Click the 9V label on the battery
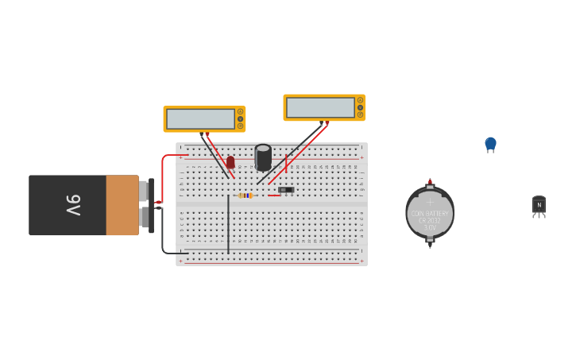coord(73,205)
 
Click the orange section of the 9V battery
coord(122,205)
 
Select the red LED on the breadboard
coord(230,162)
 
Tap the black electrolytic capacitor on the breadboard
coord(263,157)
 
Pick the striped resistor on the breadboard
coord(245,195)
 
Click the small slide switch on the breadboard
coord(286,190)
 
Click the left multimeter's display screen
coord(200,119)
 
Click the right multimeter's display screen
coord(320,107)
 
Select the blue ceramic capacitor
coord(490,144)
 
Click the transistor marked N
coord(539,206)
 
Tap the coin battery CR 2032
coord(430,213)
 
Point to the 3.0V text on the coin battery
coord(430,227)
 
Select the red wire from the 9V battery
coord(163,175)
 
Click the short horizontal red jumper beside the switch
coord(273,195)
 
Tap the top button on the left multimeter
coord(240,112)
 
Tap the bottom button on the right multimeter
coord(360,114)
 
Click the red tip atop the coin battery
coord(430,180)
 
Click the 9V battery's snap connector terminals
coord(145,205)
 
